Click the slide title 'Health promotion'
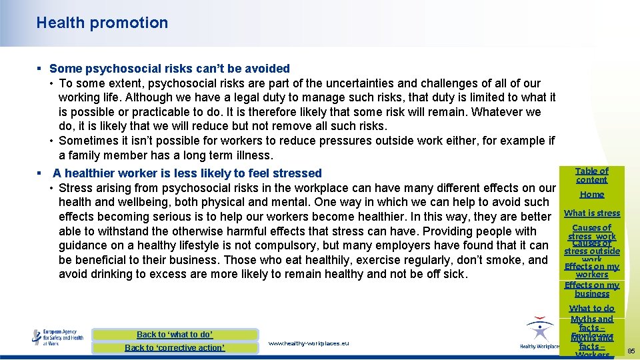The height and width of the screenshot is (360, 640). [102, 23]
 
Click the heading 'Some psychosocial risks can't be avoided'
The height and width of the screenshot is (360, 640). [169, 68]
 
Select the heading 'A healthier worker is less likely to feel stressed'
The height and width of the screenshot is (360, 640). [187, 173]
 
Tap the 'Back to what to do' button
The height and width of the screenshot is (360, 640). [175, 335]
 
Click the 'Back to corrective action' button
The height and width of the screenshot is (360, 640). [175, 348]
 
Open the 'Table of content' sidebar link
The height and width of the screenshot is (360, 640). [591, 175]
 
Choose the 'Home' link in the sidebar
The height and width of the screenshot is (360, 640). [591, 195]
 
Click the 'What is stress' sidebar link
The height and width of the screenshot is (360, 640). [591, 213]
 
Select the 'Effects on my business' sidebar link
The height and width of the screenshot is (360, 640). [591, 289]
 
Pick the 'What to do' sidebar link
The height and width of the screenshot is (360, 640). [591, 309]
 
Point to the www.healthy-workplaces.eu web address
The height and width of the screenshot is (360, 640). [308, 343]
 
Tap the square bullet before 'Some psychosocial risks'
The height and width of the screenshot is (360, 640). [39, 69]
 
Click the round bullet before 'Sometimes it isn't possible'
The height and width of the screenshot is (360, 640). [51, 141]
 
